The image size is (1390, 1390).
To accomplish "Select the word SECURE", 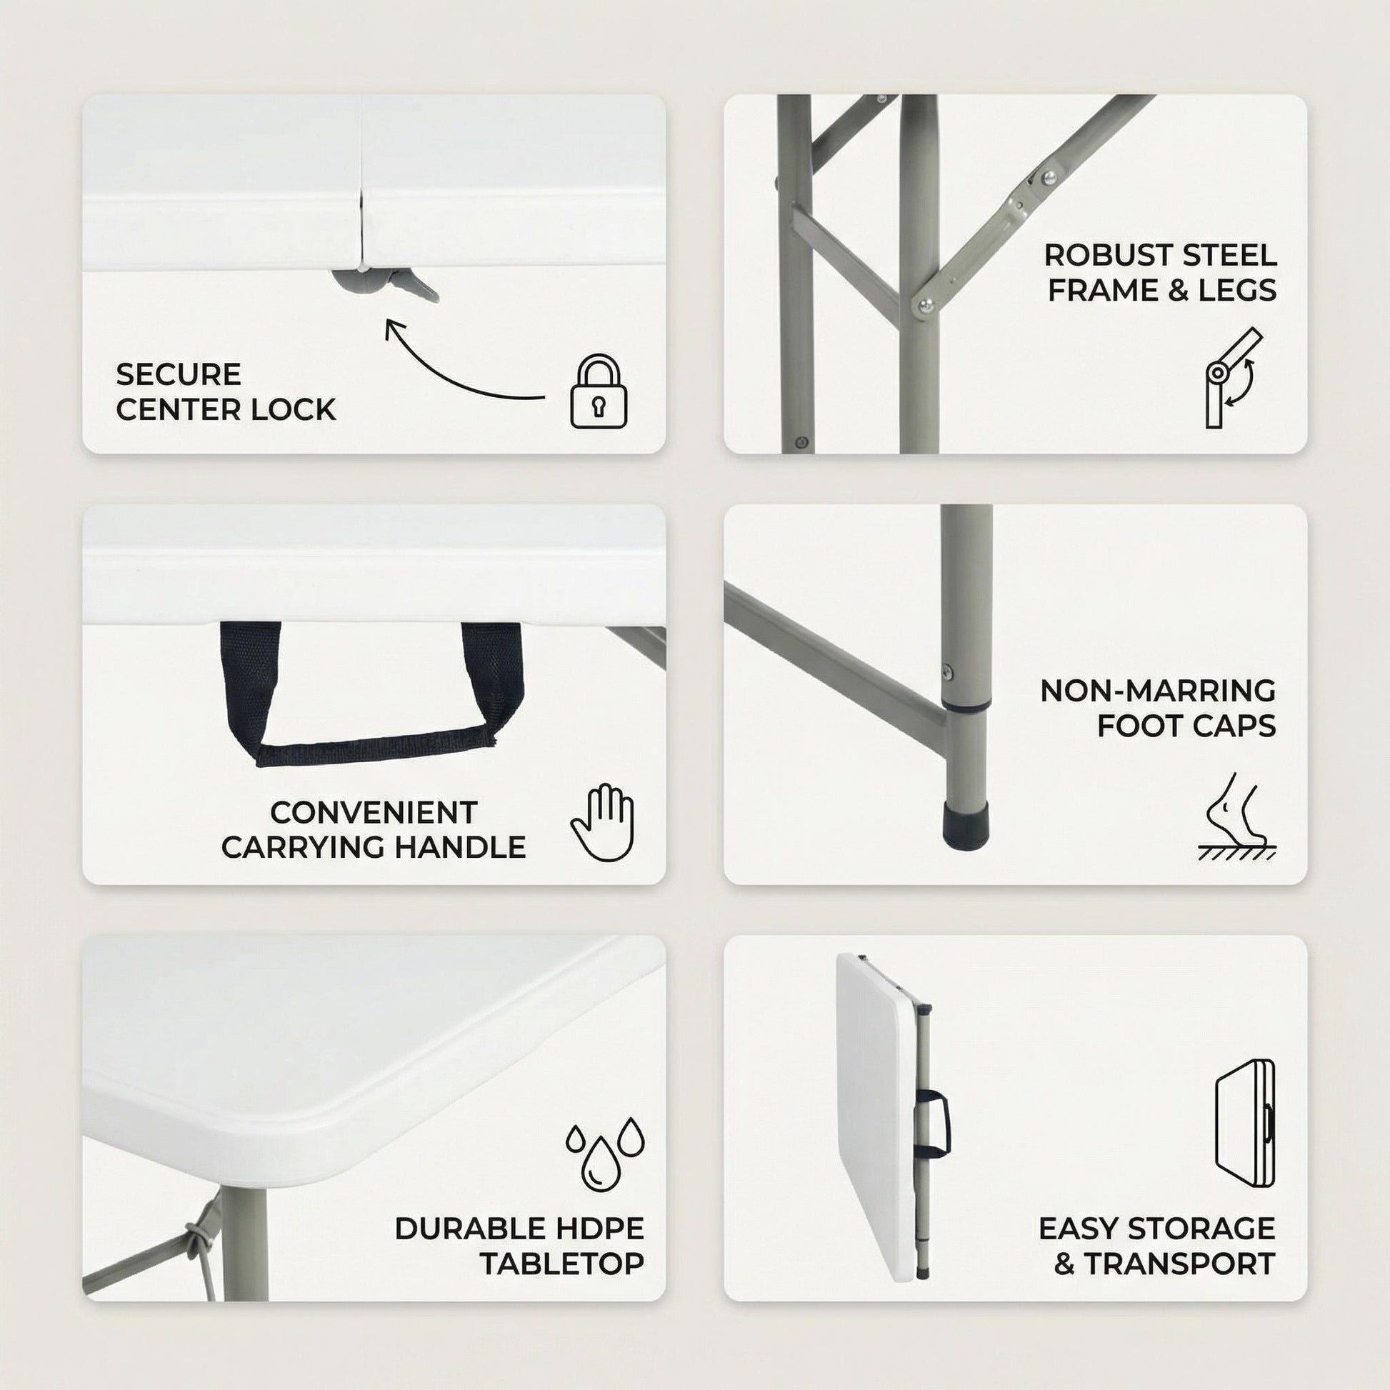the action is coord(179,375).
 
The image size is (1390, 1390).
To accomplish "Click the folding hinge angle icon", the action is coord(1234,379).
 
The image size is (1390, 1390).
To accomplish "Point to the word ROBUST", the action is coord(1101,256).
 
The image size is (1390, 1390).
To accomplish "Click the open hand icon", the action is coord(602,821).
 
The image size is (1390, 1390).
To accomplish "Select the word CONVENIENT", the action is coord(374,813).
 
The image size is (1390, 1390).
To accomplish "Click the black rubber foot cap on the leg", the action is coord(967,829).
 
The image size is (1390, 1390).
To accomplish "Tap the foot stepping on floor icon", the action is coord(1236,816).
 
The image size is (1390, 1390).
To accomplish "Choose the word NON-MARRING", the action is coord(1159,691).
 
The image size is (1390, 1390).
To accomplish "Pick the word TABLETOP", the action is coord(563,1264).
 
